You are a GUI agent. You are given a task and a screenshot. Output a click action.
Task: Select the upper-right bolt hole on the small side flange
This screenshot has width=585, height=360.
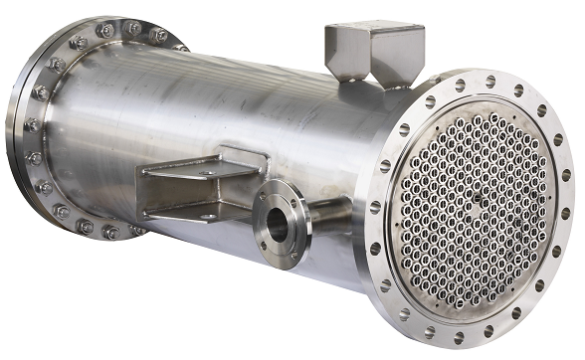pyautogui.click(x=294, y=202)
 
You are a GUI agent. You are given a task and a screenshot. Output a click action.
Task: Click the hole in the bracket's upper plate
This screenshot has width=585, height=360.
pyautogui.click(x=206, y=173)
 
